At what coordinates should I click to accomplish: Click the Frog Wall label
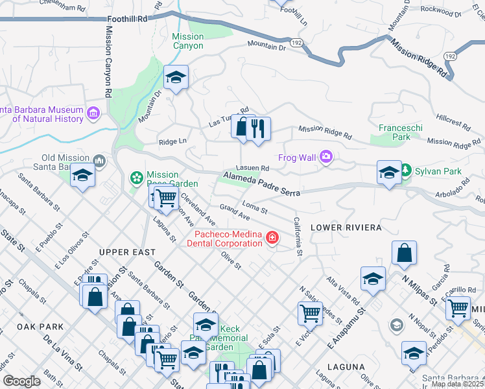(x=298, y=157)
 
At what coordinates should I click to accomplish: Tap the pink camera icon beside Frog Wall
(x=326, y=156)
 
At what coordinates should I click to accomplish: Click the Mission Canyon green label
(x=188, y=41)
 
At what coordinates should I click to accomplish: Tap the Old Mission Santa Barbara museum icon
(x=99, y=159)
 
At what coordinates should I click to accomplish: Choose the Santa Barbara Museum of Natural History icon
(x=93, y=114)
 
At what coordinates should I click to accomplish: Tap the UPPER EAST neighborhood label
(x=126, y=252)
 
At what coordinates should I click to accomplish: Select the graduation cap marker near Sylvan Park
(x=389, y=172)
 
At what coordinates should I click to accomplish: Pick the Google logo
(x=22, y=381)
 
